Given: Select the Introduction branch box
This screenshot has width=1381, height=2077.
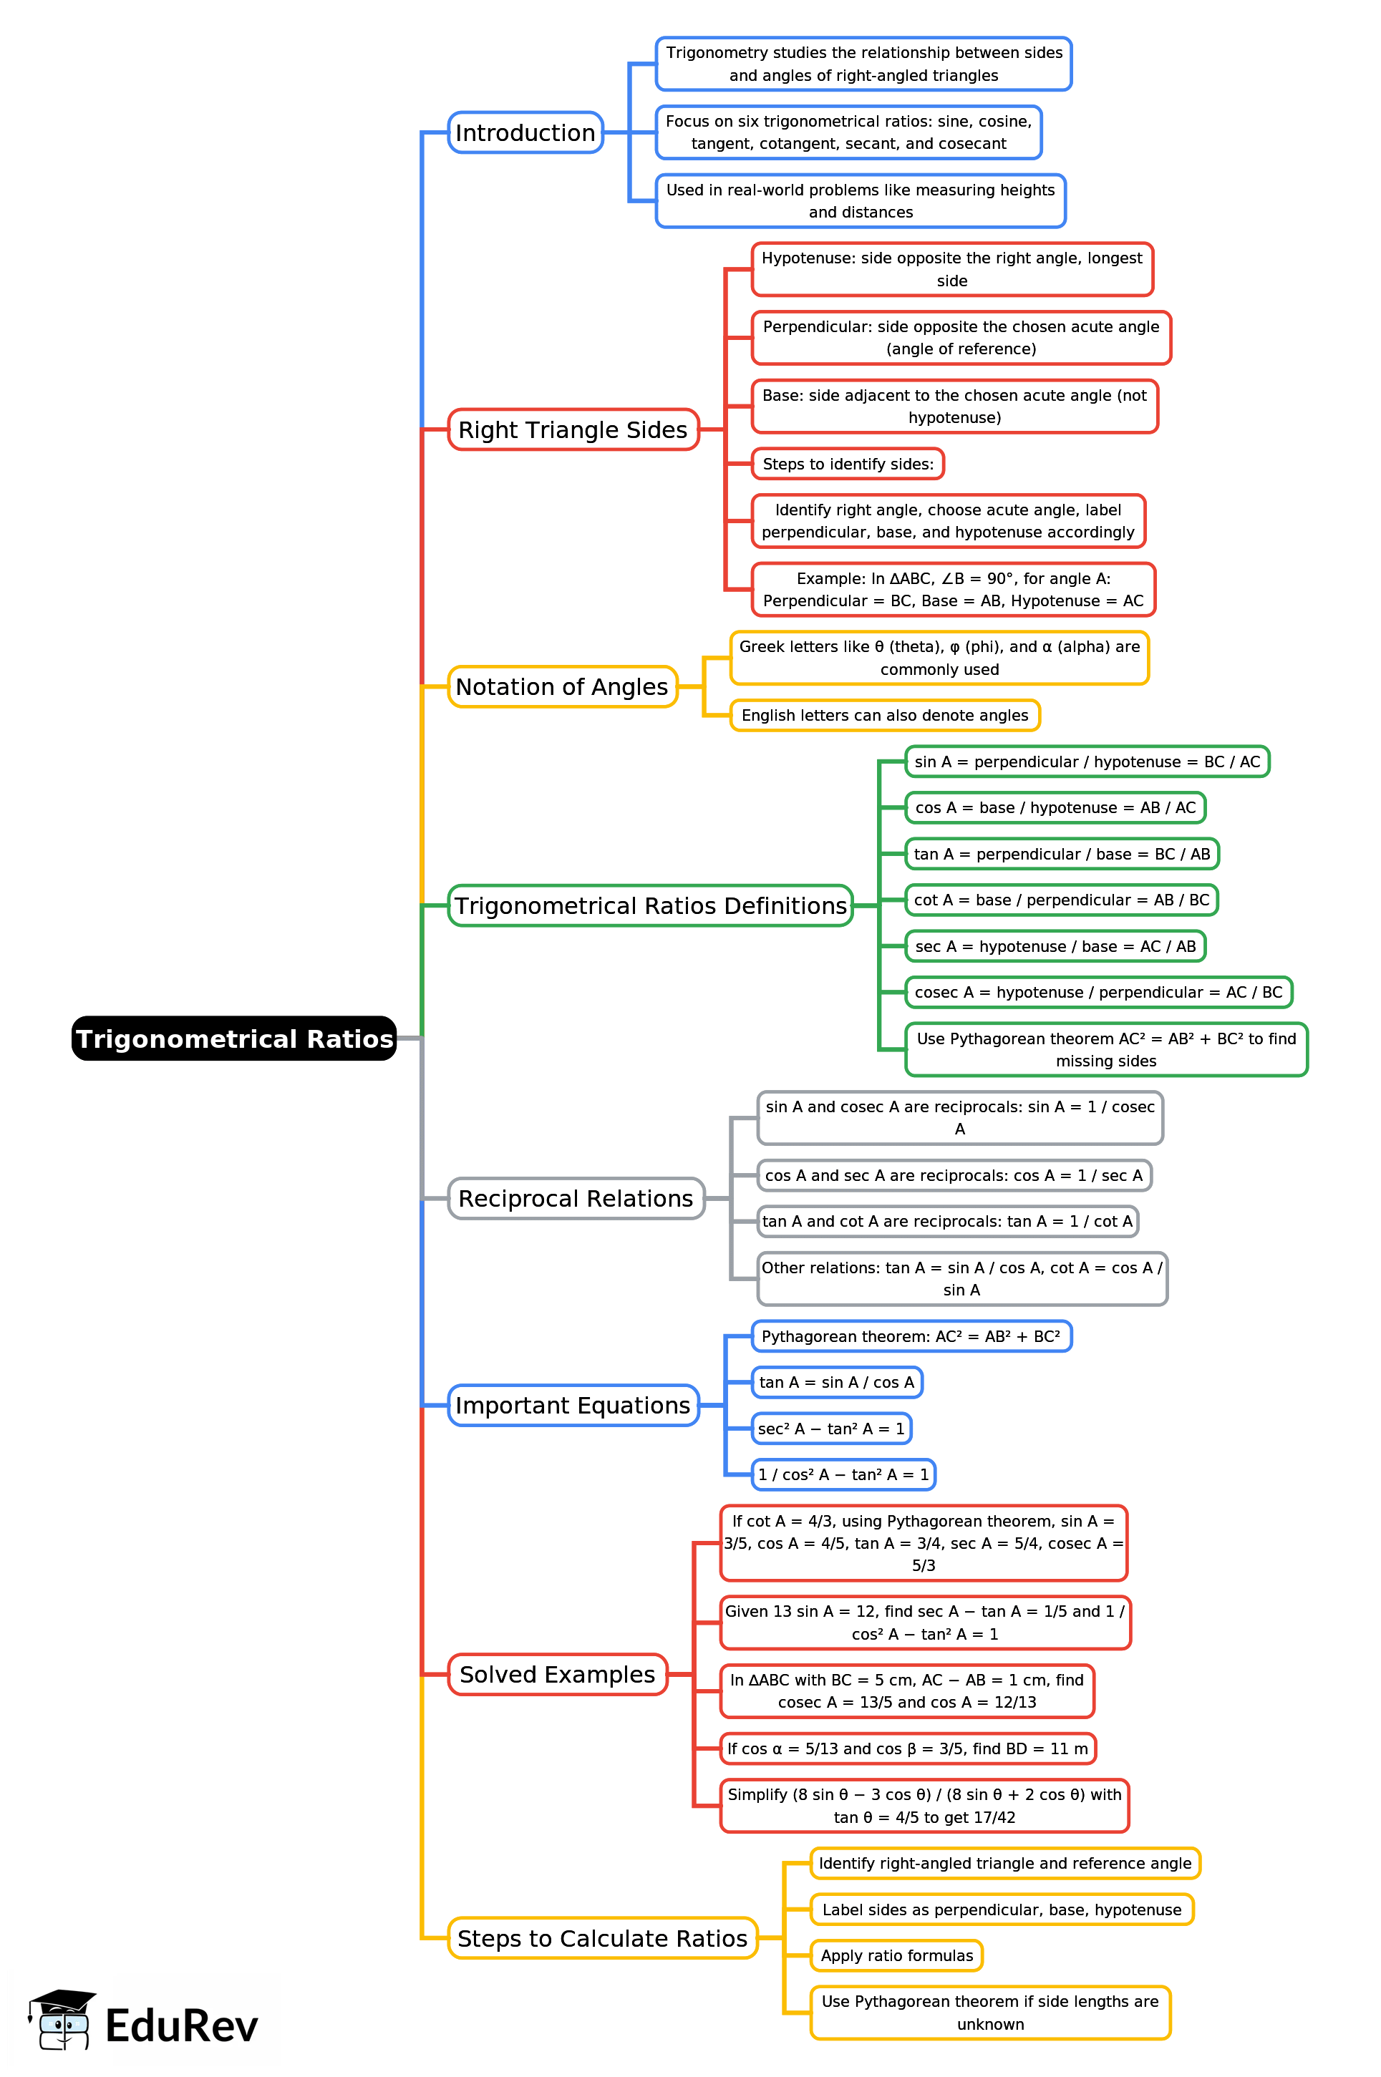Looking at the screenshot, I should (x=525, y=132).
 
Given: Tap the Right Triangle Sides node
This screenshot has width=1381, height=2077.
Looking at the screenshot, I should (x=573, y=429).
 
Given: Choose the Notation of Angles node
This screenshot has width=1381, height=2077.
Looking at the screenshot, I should (x=562, y=687).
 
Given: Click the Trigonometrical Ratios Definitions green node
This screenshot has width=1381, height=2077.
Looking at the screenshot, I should (x=650, y=905).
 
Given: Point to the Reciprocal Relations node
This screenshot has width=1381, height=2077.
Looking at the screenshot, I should (x=576, y=1198).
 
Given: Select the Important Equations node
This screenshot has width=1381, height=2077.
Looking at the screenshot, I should (x=573, y=1405).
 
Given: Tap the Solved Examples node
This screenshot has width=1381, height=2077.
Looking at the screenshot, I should (x=558, y=1674).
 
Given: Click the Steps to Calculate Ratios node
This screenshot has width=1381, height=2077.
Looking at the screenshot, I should (x=602, y=1938).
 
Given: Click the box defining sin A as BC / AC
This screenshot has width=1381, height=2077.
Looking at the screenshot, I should (x=1087, y=762).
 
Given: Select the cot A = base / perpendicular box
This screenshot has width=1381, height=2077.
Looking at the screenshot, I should (x=1061, y=900).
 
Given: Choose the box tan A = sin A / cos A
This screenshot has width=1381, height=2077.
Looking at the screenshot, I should (x=837, y=1382).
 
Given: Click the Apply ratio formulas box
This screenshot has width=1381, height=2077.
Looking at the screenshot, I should (x=896, y=1955).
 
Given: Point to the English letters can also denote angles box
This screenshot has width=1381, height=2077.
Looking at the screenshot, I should (x=884, y=715).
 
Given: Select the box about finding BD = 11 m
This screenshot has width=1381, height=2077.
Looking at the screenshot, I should (x=907, y=1748).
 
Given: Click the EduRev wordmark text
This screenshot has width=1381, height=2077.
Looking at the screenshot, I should (x=181, y=2026).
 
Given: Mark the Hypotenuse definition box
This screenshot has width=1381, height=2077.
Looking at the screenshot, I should (x=951, y=269).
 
